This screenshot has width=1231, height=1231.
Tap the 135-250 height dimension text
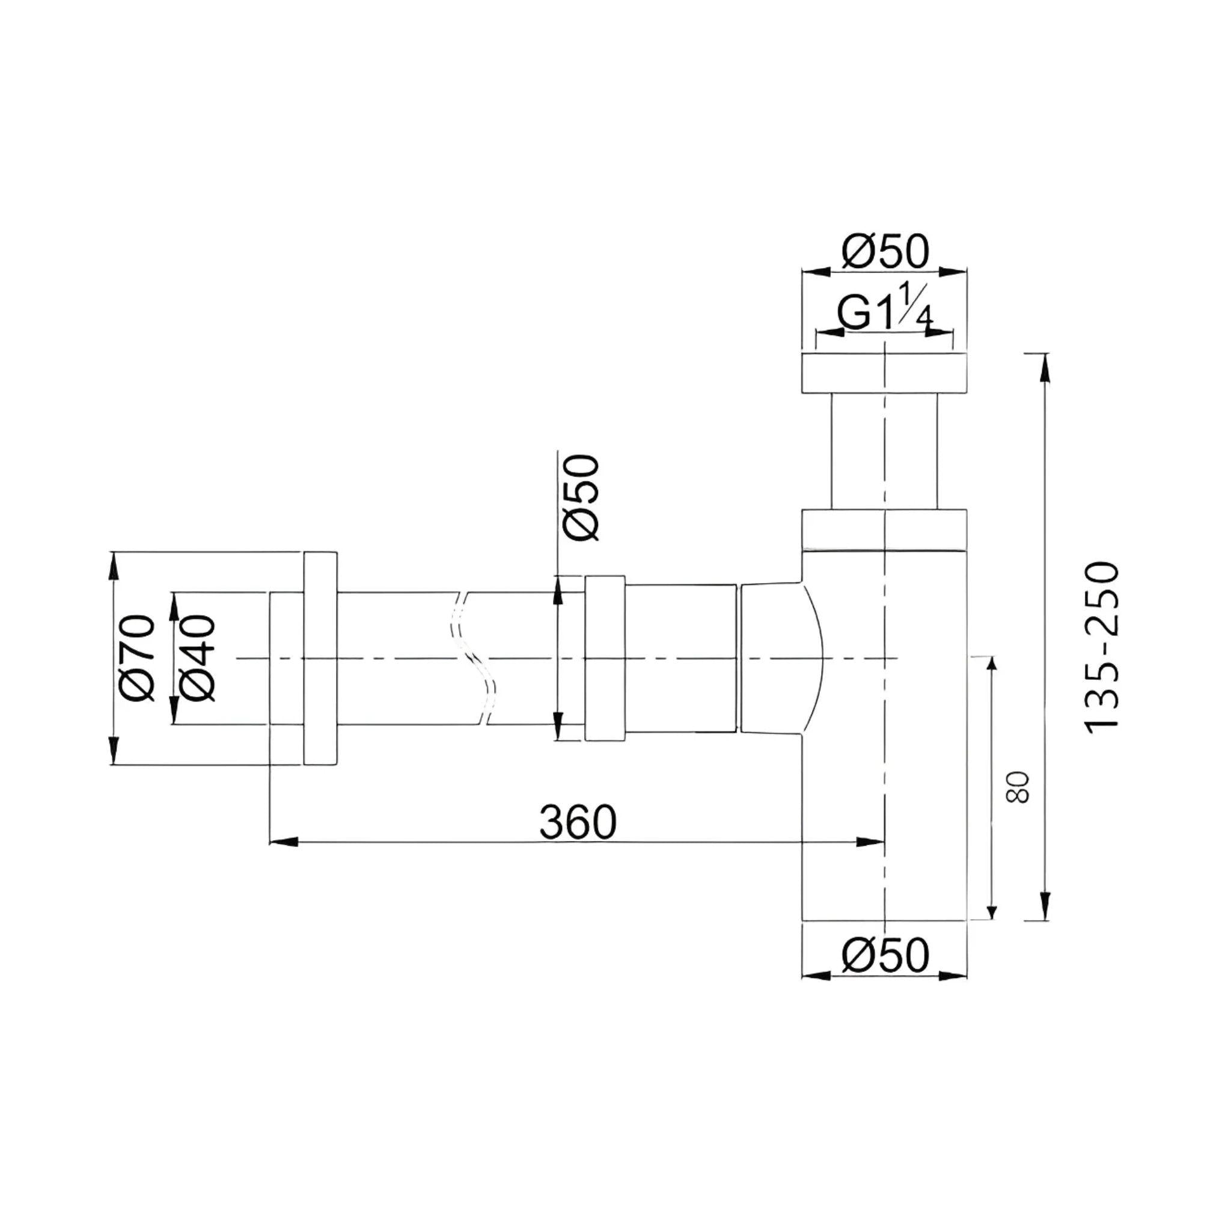tap(1102, 647)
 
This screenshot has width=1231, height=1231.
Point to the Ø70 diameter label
tap(138, 658)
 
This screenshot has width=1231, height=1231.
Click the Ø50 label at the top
tap(885, 252)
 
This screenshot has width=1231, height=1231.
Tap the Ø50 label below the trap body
tap(885, 955)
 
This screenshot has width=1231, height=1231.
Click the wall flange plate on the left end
tap(320, 658)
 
